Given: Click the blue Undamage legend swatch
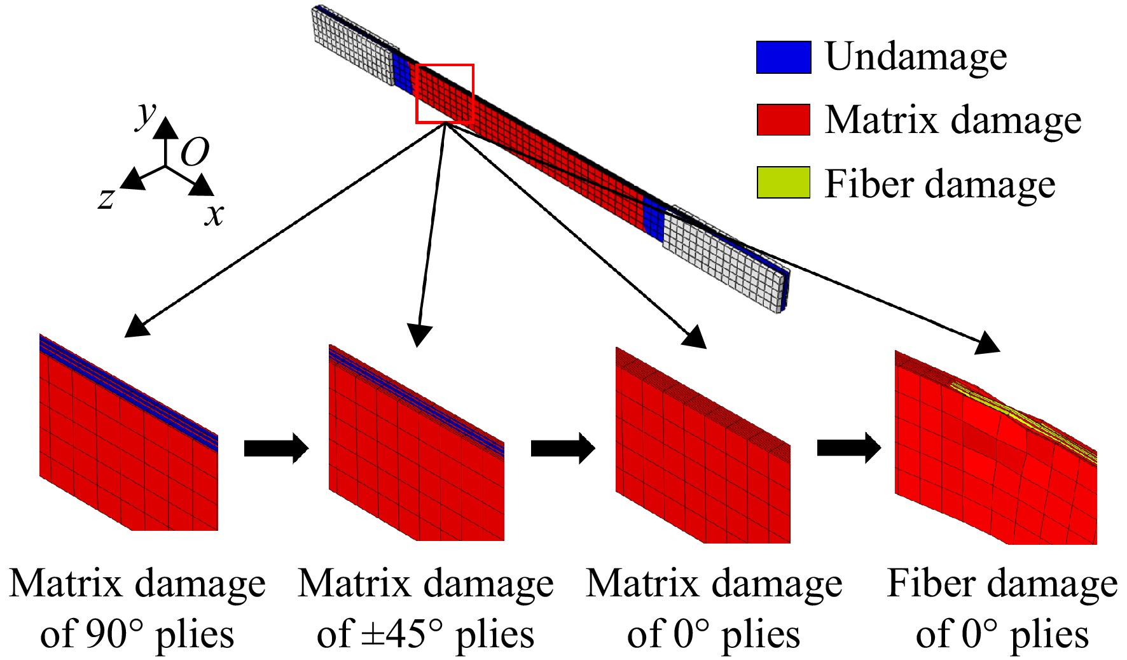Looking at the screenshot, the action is (784, 57).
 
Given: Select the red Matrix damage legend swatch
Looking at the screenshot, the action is (784, 120).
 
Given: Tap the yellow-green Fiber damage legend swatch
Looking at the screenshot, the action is (784, 183).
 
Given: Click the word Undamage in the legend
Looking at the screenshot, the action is (916, 57).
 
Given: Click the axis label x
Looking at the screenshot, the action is (214, 215).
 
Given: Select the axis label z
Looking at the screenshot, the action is (106, 198).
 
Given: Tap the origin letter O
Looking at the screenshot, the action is (195, 153).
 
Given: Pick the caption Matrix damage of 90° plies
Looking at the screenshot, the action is (137, 608).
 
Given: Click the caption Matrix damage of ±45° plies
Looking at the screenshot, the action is (426, 608).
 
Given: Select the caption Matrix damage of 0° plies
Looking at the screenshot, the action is (714, 608).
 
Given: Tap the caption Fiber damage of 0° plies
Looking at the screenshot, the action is (1002, 608).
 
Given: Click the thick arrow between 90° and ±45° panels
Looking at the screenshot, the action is (276, 449).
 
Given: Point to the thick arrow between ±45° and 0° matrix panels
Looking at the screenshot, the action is (563, 449).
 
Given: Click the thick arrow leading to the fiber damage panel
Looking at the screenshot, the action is (849, 449).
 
